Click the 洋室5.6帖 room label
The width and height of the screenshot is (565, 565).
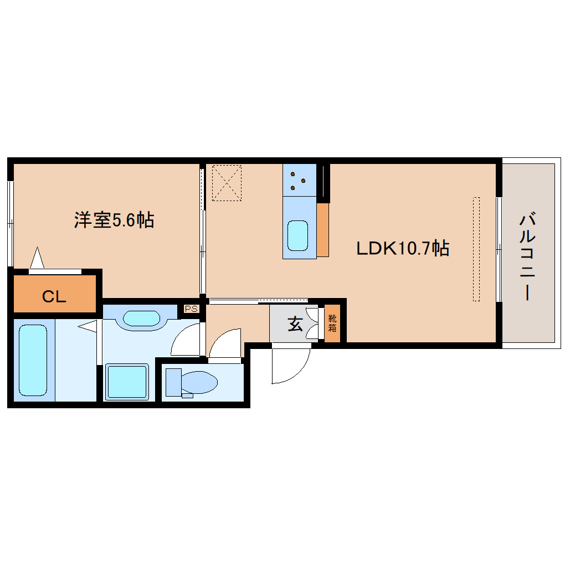[x=114, y=220]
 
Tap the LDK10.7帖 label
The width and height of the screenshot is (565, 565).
[x=402, y=248]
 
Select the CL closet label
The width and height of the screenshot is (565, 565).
[x=54, y=297]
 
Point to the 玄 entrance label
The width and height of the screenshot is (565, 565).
[x=295, y=324]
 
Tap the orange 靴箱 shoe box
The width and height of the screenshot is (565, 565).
[x=332, y=323]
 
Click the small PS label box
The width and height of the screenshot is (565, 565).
[x=191, y=309]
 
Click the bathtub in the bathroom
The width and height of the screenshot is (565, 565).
[x=33, y=360]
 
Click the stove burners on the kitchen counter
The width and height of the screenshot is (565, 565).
[x=299, y=180]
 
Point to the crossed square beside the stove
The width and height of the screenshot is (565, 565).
[x=227, y=182]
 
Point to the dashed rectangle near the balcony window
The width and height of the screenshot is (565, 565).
[x=476, y=249]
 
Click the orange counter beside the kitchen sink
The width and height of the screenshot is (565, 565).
[x=323, y=230]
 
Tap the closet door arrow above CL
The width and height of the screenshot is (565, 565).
[x=37, y=258]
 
